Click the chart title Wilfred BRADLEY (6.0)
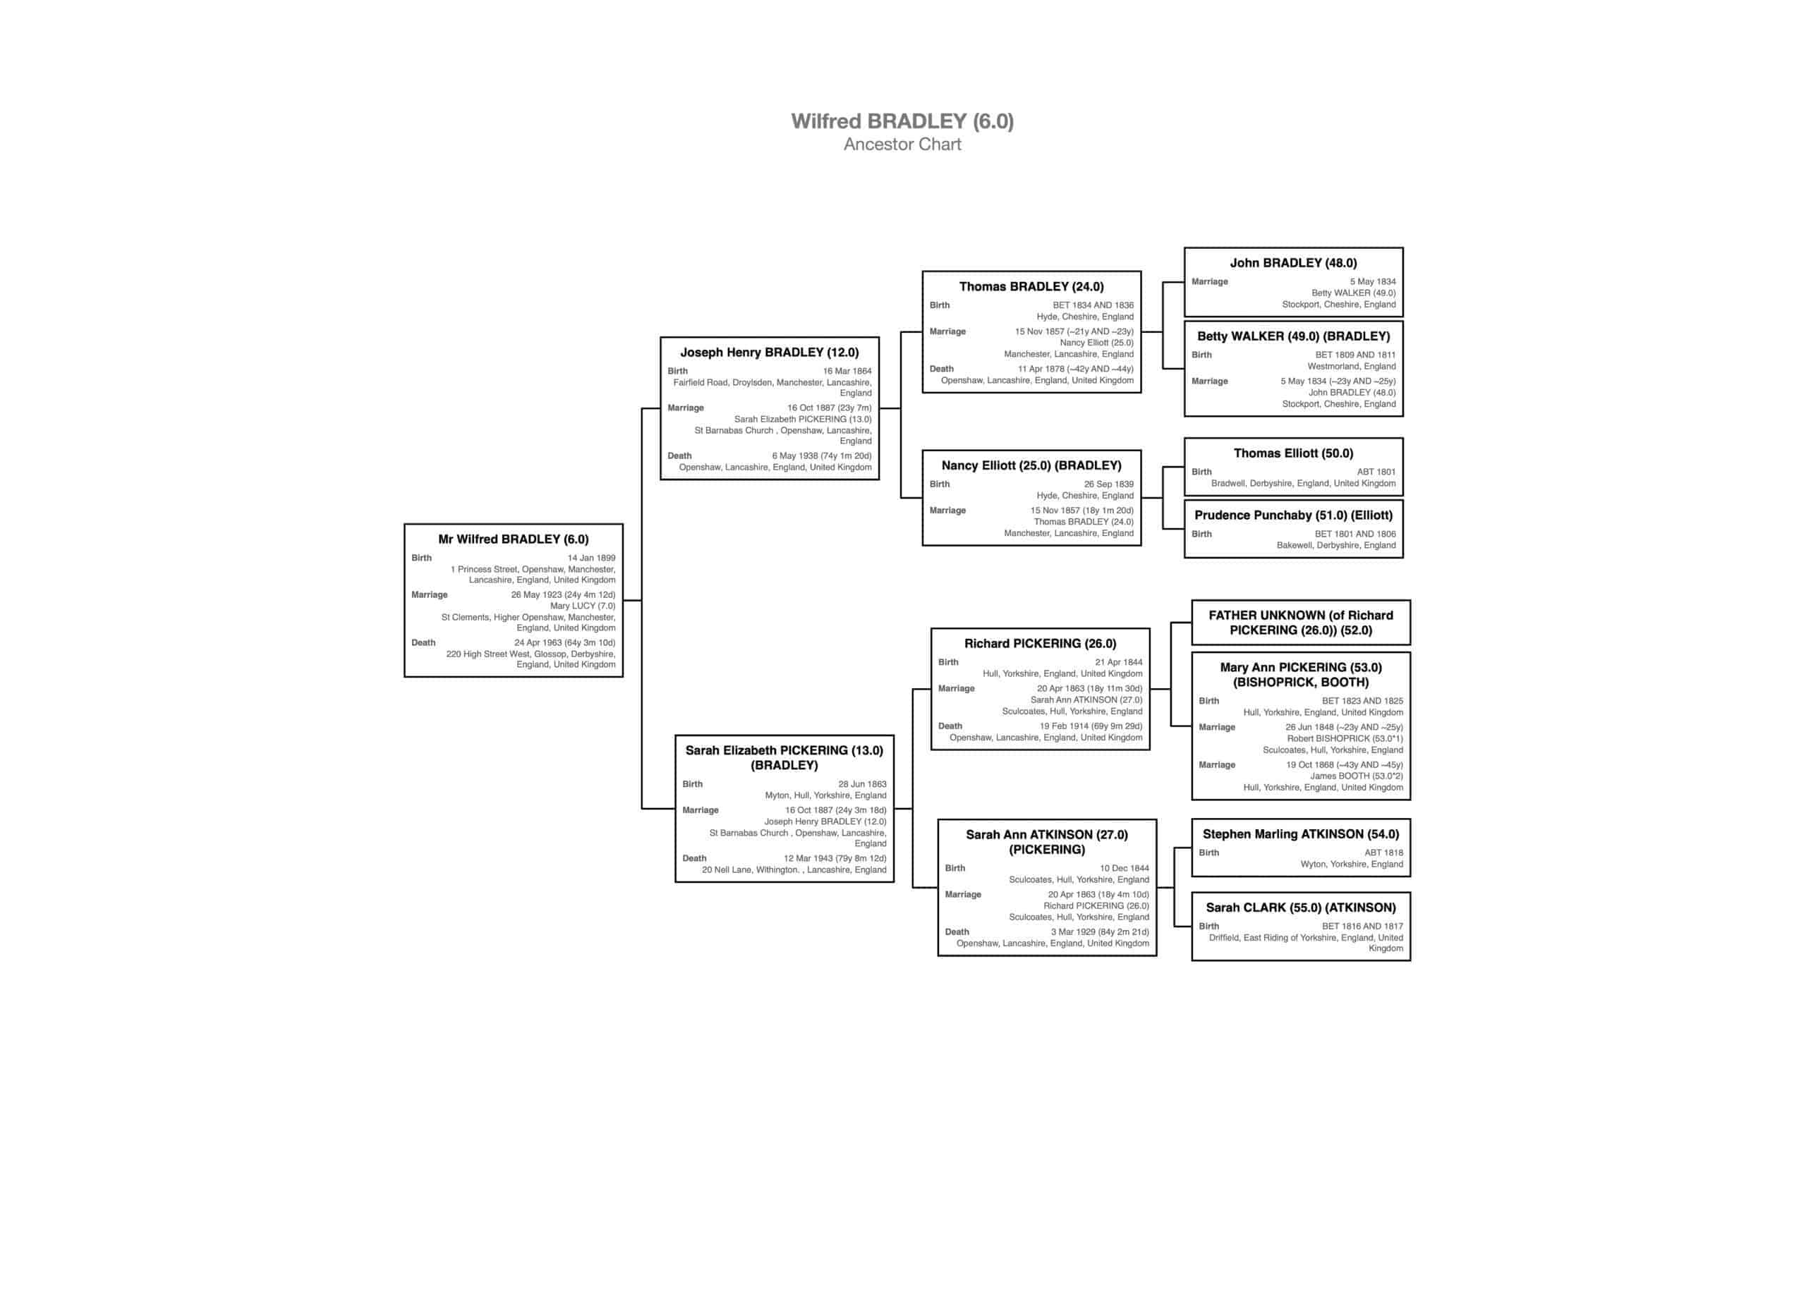tap(902, 121)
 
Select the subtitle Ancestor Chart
tap(902, 144)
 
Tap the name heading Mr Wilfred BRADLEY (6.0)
tap(513, 539)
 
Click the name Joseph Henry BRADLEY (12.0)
tap(769, 353)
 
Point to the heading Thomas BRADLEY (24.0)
tap(1031, 286)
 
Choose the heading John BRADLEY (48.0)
tap(1293, 263)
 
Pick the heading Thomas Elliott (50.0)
tap(1293, 453)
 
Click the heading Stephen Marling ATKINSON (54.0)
tap(1300, 834)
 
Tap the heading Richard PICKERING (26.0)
tap(1040, 644)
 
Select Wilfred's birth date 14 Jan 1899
tap(590, 558)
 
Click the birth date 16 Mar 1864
tap(847, 371)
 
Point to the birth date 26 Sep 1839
tap(1109, 484)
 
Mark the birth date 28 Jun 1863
tap(862, 784)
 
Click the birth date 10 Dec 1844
tap(1124, 868)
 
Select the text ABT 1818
tap(1383, 853)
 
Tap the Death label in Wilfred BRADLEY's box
tap(423, 643)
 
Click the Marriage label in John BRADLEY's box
tap(1209, 282)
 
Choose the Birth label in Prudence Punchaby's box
tap(1201, 534)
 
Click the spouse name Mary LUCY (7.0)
tap(583, 606)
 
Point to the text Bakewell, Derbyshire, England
tap(1335, 545)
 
